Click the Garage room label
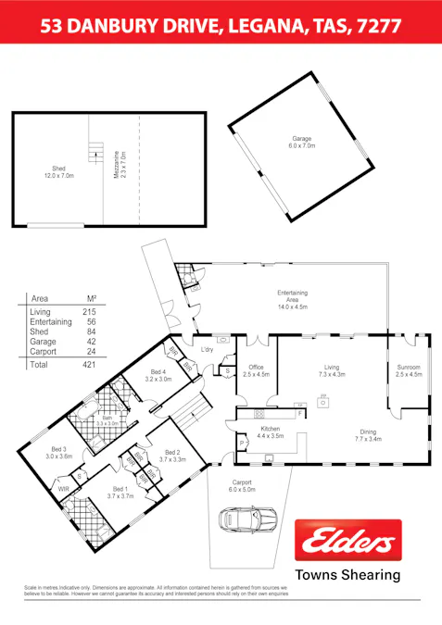(x=302, y=142)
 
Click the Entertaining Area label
(x=292, y=298)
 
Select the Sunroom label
(x=409, y=370)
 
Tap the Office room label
(x=256, y=370)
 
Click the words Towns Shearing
(x=347, y=574)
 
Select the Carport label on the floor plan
(x=242, y=484)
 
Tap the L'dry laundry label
(x=208, y=350)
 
